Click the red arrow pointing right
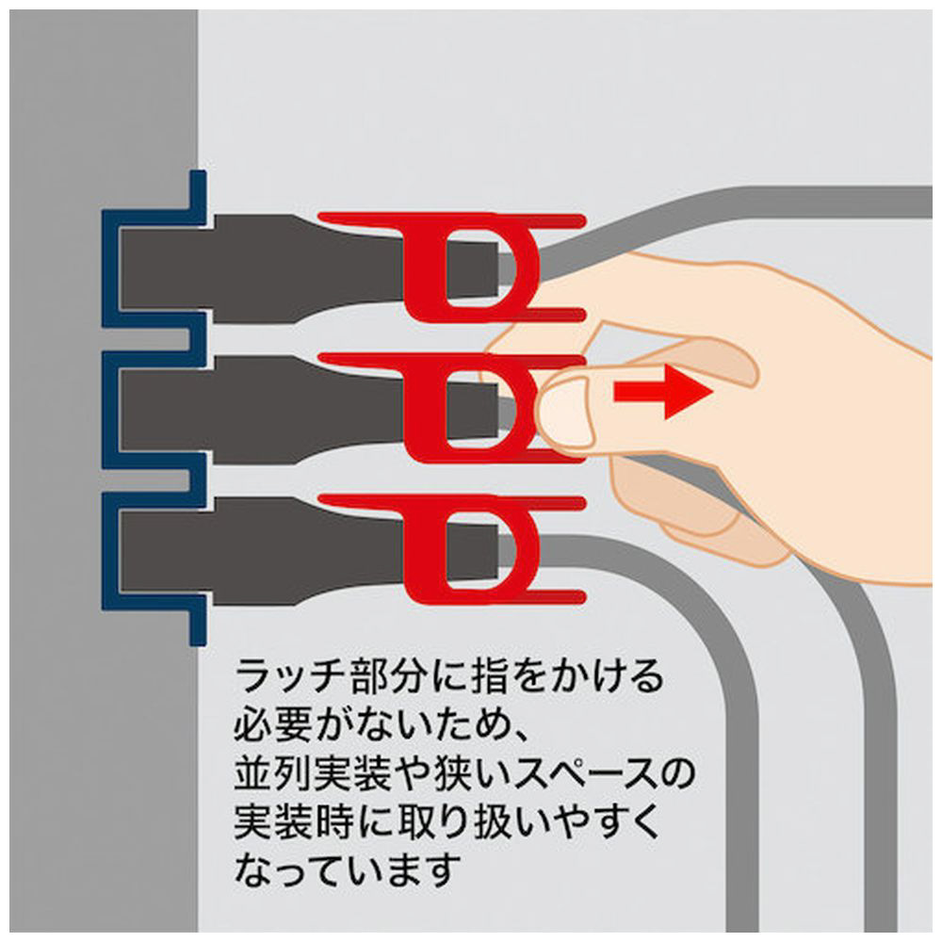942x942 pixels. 663,392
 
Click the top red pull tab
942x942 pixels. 452,268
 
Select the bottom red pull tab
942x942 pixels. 452,549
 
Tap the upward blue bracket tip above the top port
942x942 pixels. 198,174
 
